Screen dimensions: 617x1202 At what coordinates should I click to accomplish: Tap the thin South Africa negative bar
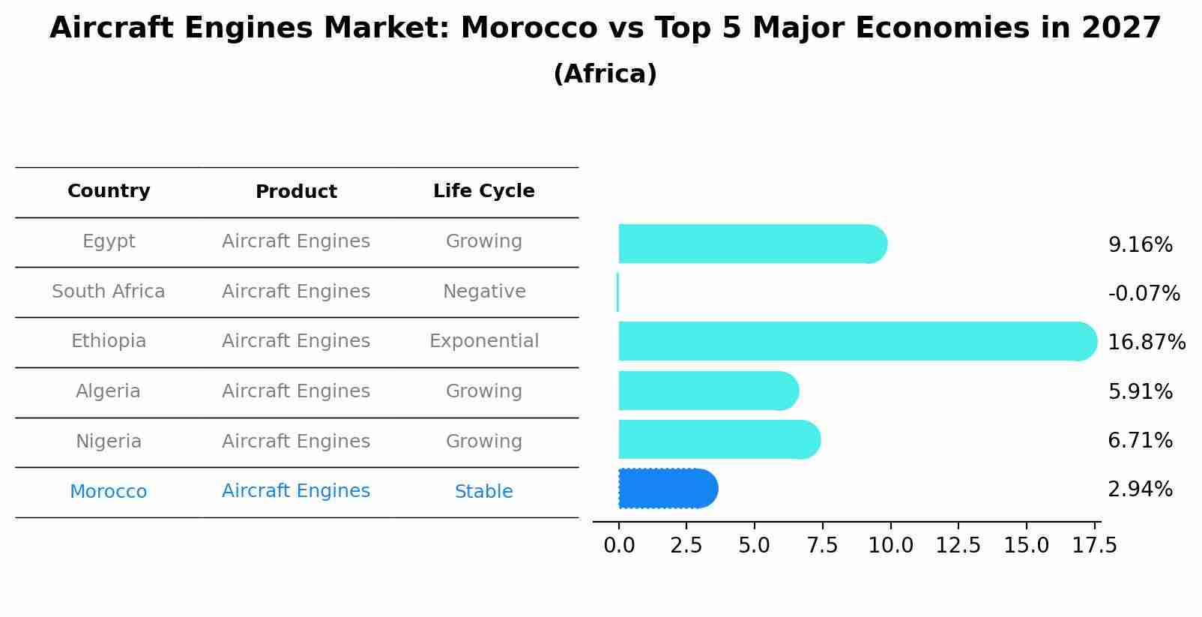tap(617, 292)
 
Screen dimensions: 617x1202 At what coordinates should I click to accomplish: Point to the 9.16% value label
tap(1140, 245)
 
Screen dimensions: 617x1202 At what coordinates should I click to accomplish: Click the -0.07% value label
tap(1144, 294)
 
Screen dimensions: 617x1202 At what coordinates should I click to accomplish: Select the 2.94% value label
tap(1140, 490)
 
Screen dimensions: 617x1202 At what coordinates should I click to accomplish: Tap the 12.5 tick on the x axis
tap(958, 546)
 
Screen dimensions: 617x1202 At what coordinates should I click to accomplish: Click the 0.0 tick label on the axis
tap(619, 546)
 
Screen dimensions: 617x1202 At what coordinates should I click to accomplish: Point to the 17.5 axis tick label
tap(1094, 546)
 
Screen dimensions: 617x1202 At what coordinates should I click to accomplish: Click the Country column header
tap(109, 191)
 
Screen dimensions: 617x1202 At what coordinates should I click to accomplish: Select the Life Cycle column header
tap(483, 191)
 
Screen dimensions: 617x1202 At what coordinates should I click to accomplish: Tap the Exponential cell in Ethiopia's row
tap(483, 341)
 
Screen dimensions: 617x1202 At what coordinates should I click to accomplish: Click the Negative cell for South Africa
tap(483, 292)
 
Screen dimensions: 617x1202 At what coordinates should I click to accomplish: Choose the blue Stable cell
tap(483, 492)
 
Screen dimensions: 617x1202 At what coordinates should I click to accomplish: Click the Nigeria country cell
tap(109, 442)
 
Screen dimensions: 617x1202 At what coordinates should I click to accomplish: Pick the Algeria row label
tap(109, 391)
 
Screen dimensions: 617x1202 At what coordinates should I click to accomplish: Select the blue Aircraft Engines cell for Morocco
tap(296, 491)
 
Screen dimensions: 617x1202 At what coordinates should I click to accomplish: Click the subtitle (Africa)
tap(605, 74)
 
